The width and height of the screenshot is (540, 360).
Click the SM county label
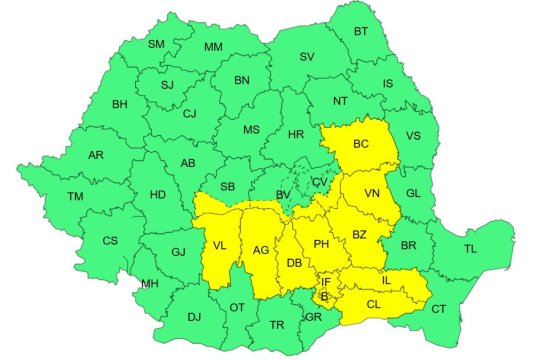pyautogui.click(x=157, y=44)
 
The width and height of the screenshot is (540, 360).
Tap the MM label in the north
pyautogui.click(x=213, y=47)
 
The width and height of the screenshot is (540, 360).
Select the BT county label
pyautogui.click(x=361, y=33)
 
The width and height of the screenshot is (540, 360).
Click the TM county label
pyautogui.click(x=75, y=197)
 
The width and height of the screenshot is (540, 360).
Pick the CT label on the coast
pyautogui.click(x=438, y=311)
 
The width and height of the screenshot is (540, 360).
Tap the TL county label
pyautogui.click(x=471, y=247)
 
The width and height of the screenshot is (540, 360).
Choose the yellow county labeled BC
pyautogui.click(x=362, y=145)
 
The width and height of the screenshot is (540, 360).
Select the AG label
pyautogui.click(x=260, y=250)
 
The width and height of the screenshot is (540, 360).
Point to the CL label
pyautogui.click(x=373, y=304)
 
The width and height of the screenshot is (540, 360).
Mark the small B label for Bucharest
pyautogui.click(x=324, y=296)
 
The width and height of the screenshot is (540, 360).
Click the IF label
pyautogui.click(x=325, y=283)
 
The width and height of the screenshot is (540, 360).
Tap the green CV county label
pyautogui.click(x=318, y=182)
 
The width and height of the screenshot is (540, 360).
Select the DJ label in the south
pyautogui.click(x=194, y=317)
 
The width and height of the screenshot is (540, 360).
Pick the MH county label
pyautogui.click(x=150, y=284)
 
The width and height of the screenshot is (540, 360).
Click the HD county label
pyautogui.click(x=157, y=196)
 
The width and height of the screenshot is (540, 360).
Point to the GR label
pyautogui.click(x=313, y=316)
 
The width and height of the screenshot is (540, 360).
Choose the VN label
pyautogui.click(x=371, y=193)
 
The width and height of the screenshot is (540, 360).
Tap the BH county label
pyautogui.click(x=120, y=104)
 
